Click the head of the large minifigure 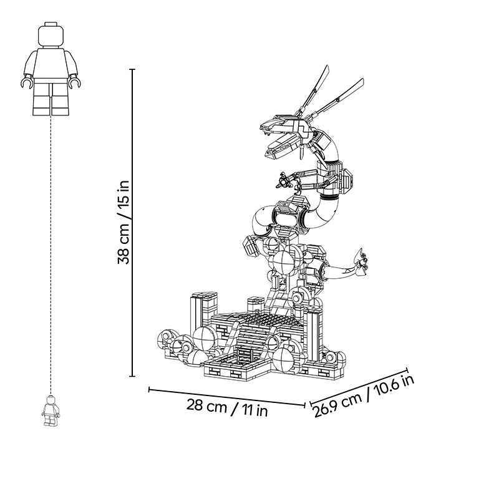(x=51, y=35)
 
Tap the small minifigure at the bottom (x=51, y=410)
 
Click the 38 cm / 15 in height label (x=124, y=222)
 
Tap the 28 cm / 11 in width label (x=227, y=408)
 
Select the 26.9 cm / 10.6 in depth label (x=364, y=396)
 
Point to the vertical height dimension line (x=133, y=223)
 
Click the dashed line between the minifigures (x=51, y=255)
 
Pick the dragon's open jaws (x=280, y=137)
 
